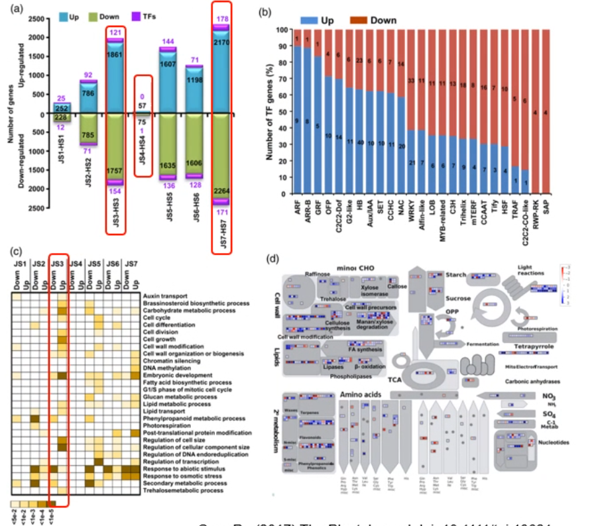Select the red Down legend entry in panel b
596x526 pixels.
click(378, 21)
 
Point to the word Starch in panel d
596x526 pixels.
click(455, 275)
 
